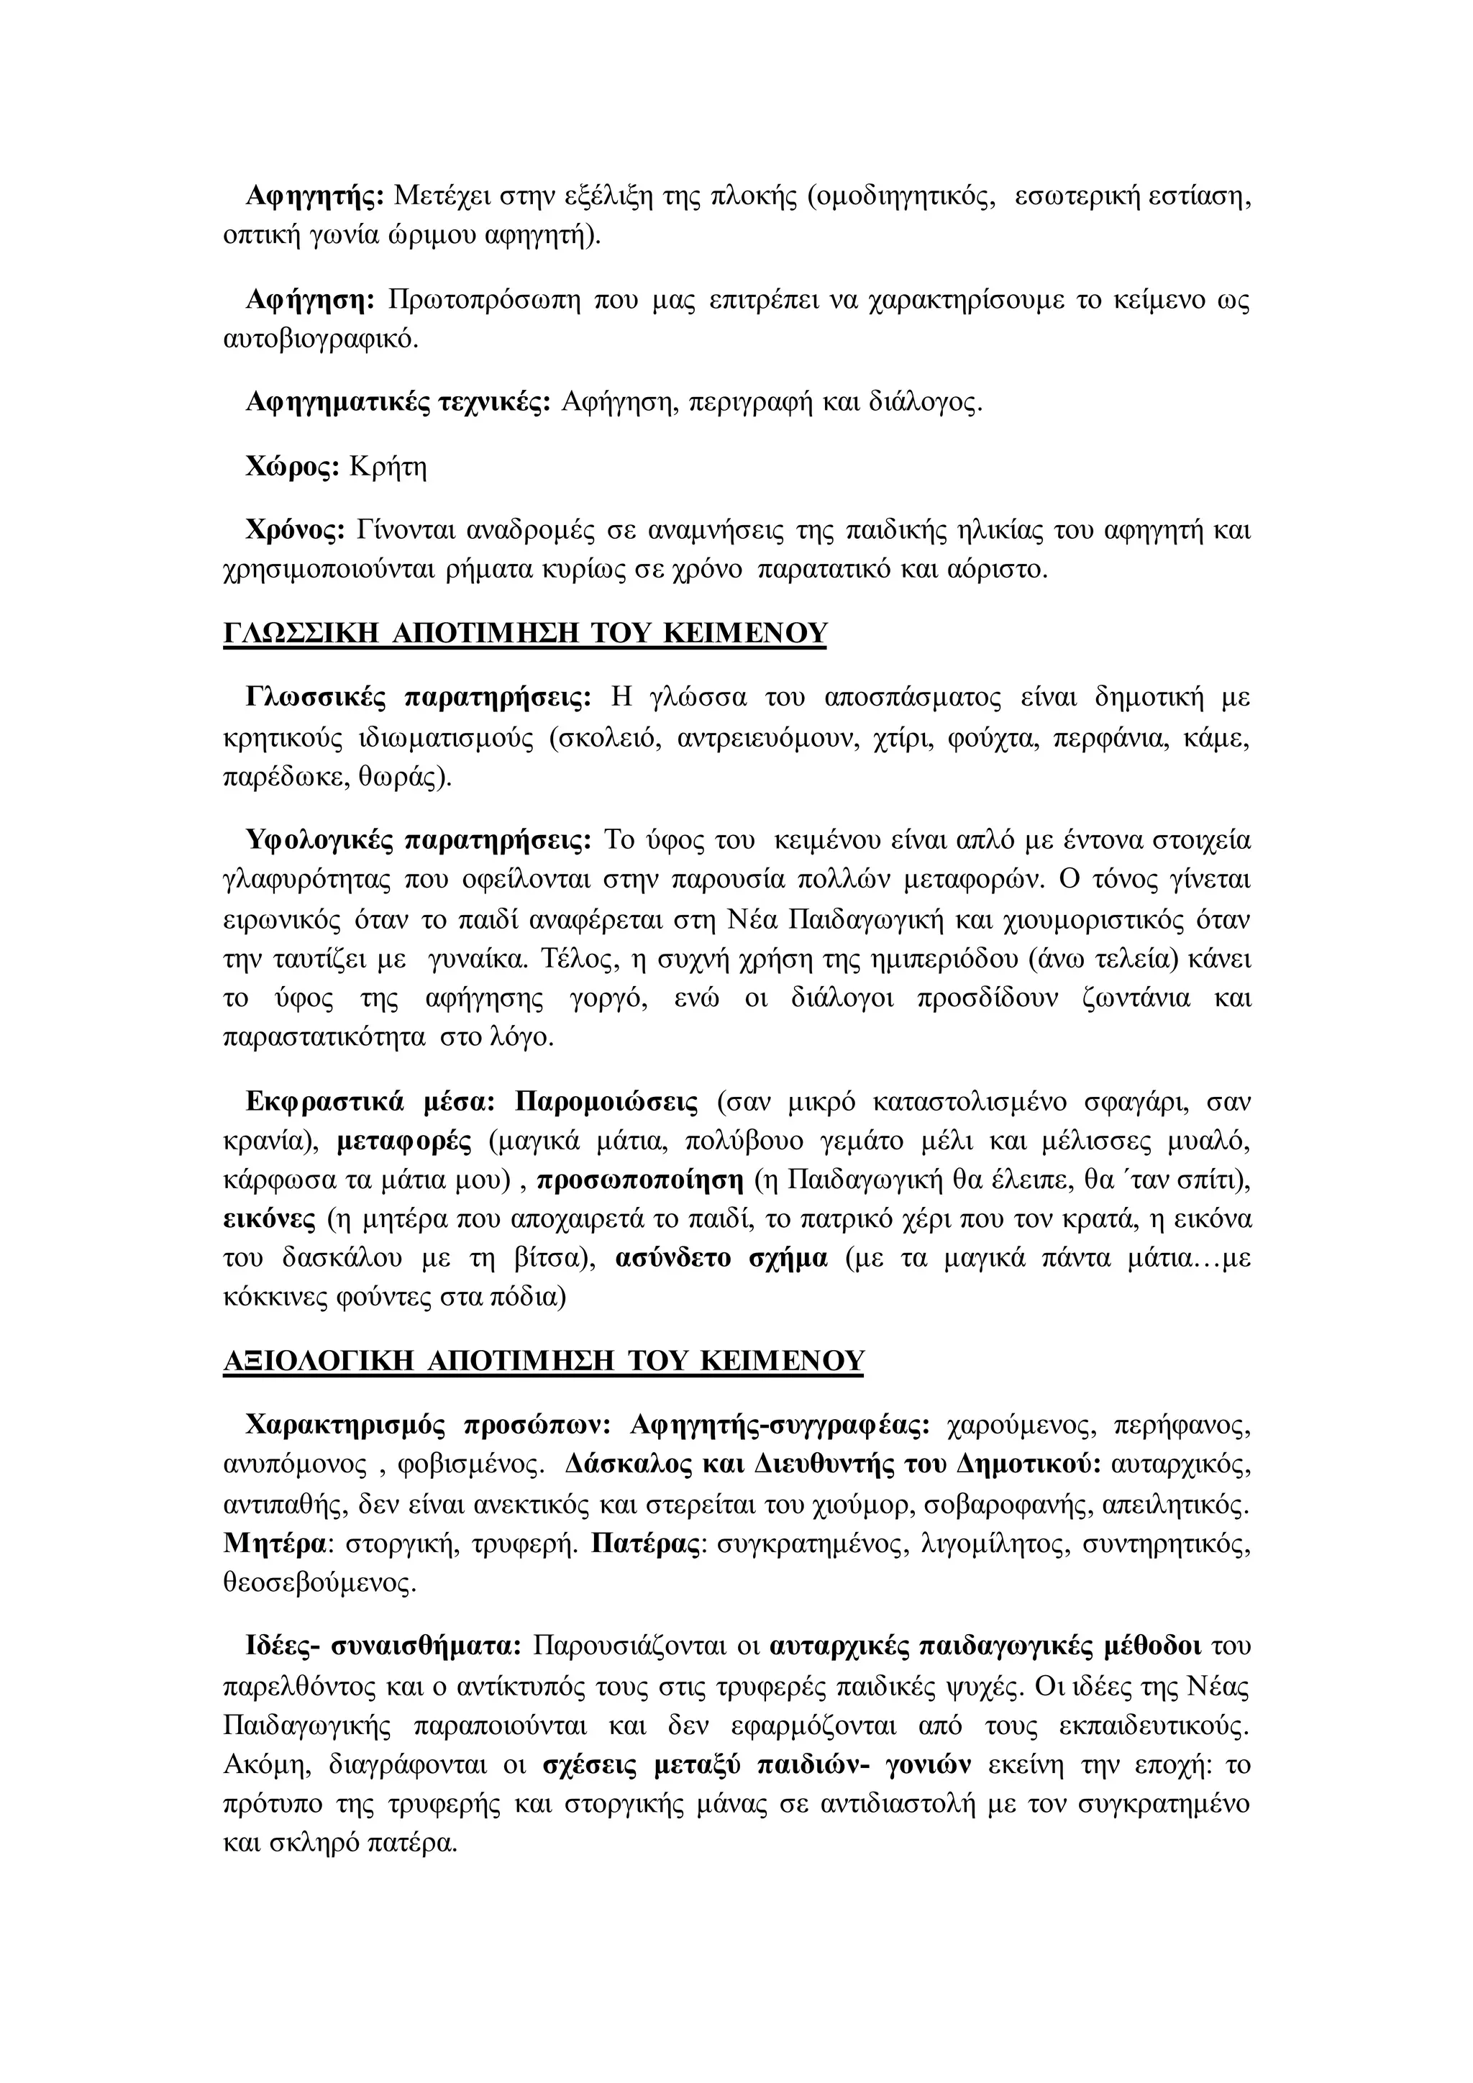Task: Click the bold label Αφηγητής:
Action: [x=316, y=196]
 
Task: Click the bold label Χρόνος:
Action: [x=296, y=530]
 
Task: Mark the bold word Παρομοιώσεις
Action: [x=606, y=1103]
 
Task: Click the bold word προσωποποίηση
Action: [x=640, y=1180]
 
